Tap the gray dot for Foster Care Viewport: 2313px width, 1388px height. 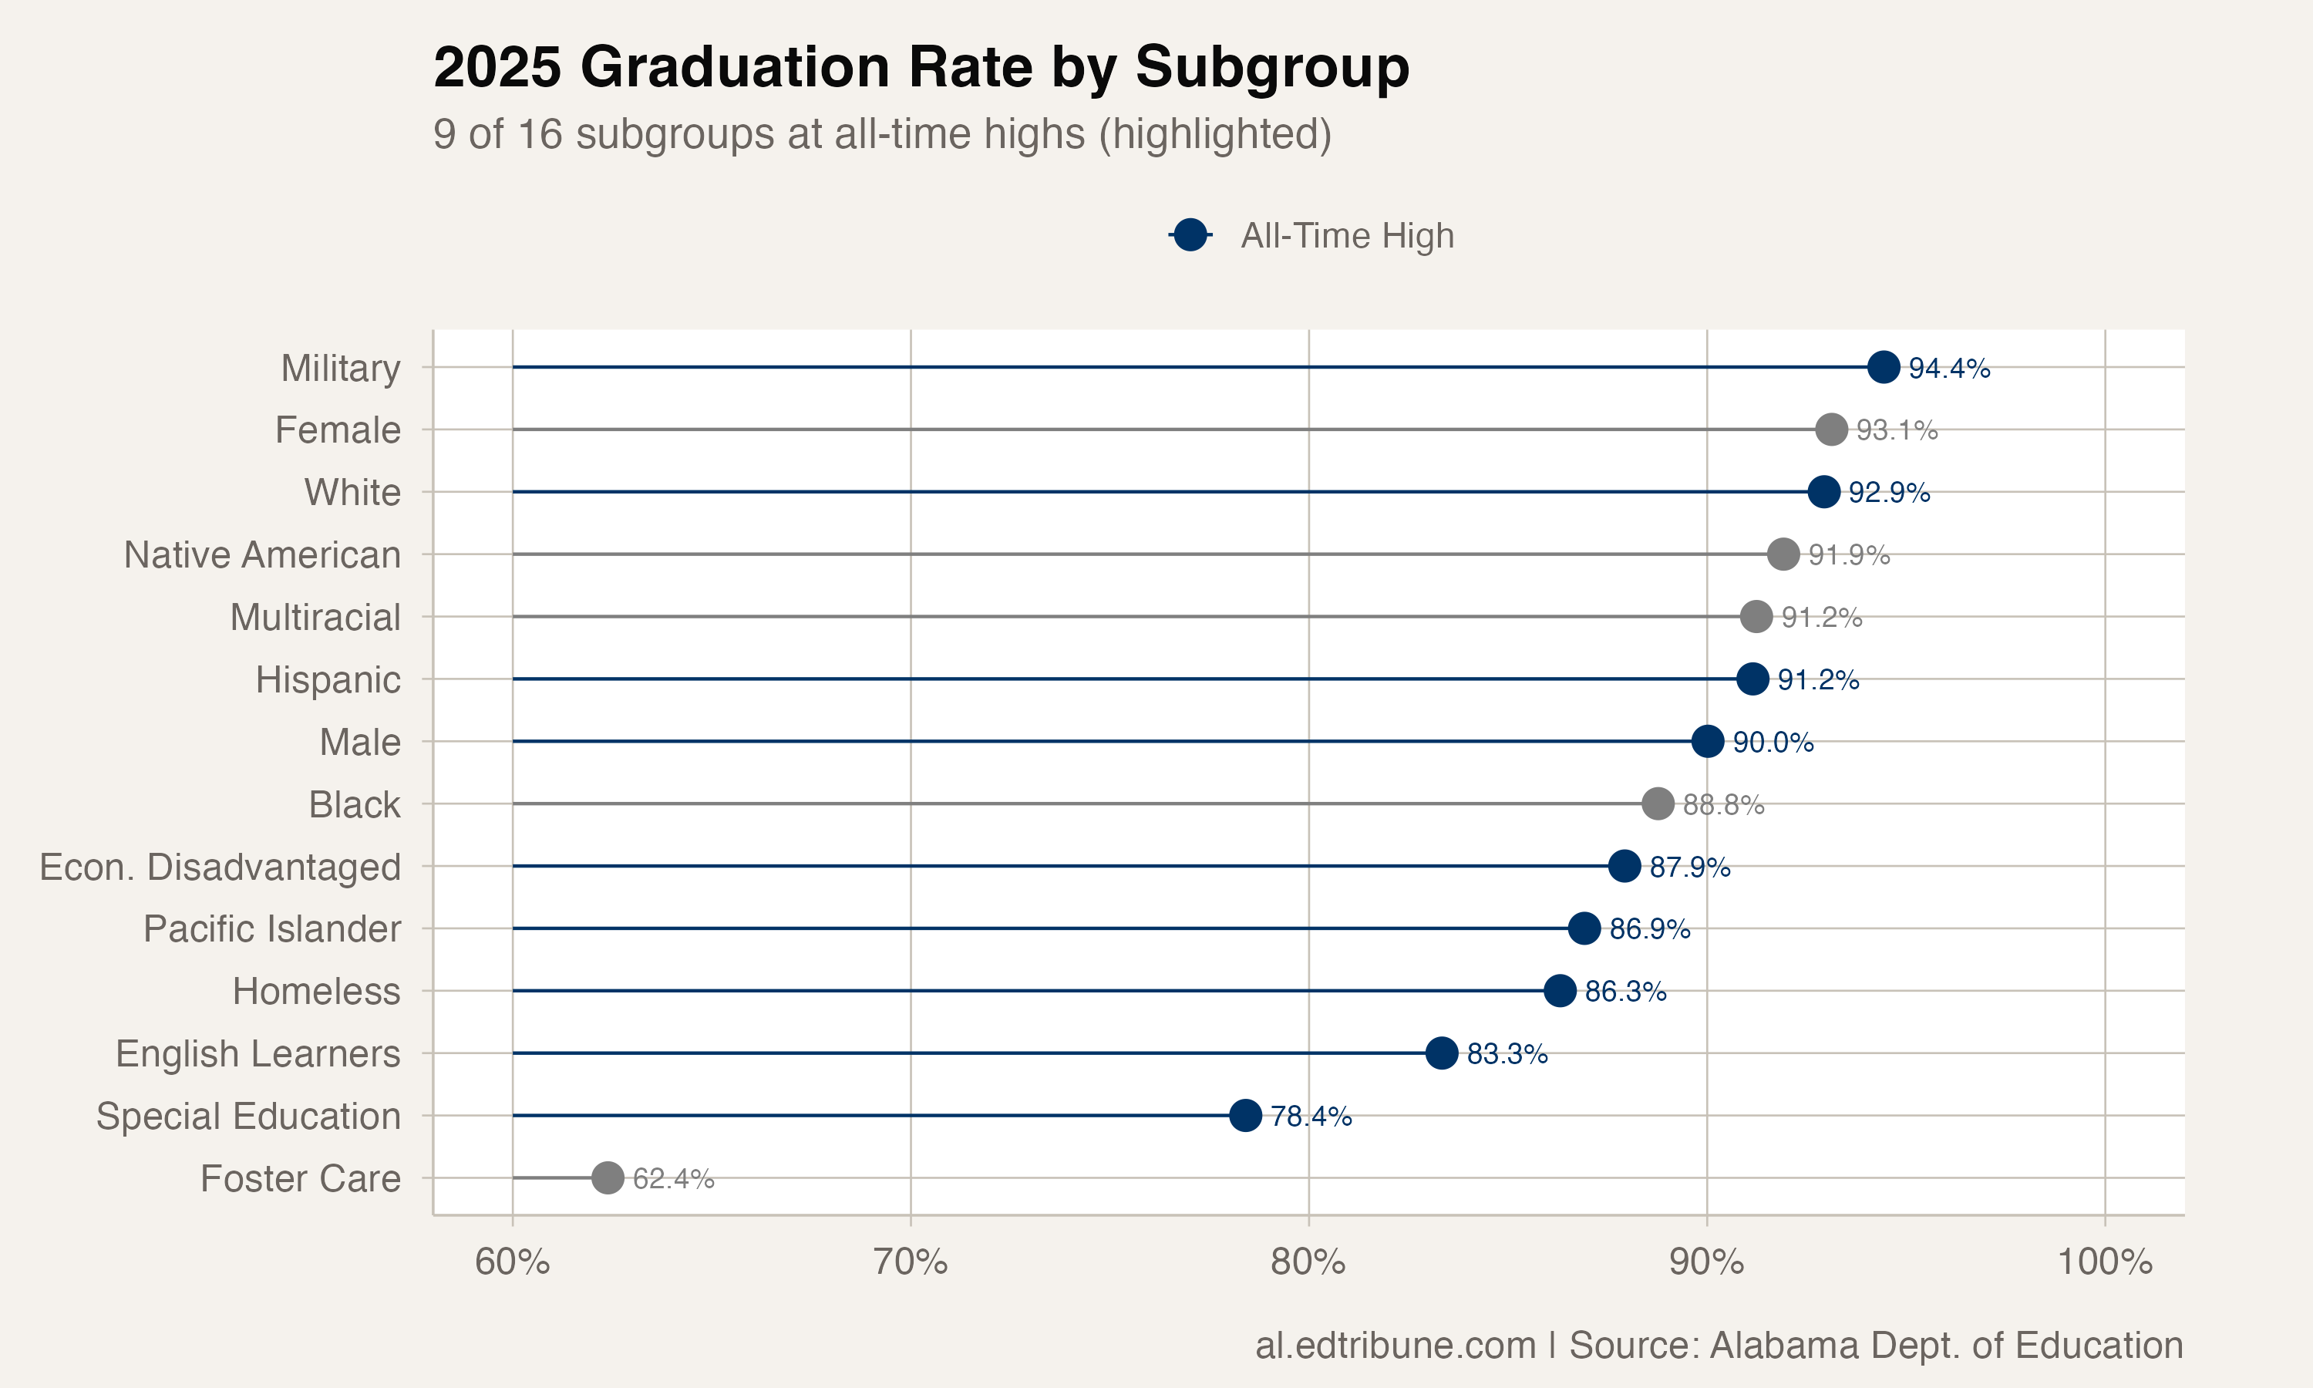(x=608, y=1177)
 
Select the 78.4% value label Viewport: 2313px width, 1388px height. (x=1311, y=1116)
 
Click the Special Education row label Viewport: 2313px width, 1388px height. (x=247, y=1116)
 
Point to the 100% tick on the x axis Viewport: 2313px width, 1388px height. (x=2105, y=1262)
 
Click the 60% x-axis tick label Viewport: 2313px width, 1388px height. (x=513, y=1262)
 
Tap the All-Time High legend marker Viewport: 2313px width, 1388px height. (x=1190, y=234)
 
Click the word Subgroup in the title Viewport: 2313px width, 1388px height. (x=1271, y=67)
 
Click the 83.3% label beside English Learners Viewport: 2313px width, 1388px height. (x=1507, y=1053)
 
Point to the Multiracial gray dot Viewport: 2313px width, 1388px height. (x=1756, y=616)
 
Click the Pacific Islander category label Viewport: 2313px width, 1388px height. (x=271, y=928)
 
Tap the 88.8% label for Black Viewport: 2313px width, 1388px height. (x=1723, y=804)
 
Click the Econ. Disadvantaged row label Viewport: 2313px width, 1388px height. (x=220, y=867)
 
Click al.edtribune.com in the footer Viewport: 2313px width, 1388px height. (x=1395, y=1345)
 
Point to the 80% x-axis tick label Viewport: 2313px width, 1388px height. (x=1308, y=1262)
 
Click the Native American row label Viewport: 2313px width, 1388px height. (x=262, y=554)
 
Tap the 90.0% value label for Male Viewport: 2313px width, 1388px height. (x=1773, y=742)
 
